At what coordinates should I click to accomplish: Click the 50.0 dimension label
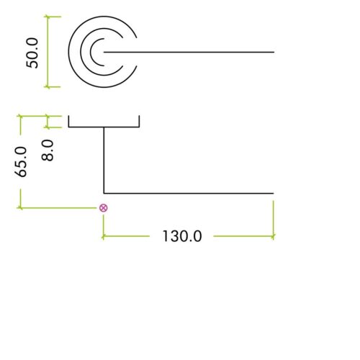coord(32,53)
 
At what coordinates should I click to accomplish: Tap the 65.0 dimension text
coord(21,162)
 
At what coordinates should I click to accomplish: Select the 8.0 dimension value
coord(48,150)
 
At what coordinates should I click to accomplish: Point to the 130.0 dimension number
coord(182,236)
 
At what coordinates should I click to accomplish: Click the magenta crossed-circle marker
coord(104,208)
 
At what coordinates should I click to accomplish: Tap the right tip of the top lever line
coord(274,52)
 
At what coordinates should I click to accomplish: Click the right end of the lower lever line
coord(274,193)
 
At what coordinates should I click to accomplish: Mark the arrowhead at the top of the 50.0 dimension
coord(48,17)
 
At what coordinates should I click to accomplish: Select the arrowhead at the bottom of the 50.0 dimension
coord(48,86)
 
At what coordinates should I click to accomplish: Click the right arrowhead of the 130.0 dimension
coord(273,236)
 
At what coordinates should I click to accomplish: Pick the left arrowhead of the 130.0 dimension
coord(104,237)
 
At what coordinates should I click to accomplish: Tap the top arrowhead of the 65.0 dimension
coord(20,116)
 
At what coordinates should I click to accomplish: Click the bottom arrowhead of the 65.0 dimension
coord(20,207)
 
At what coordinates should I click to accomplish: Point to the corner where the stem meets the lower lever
coord(104,193)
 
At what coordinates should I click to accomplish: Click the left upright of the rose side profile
coord(68,121)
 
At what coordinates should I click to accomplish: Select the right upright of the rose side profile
coord(139,121)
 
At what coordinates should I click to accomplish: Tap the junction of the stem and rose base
coord(104,127)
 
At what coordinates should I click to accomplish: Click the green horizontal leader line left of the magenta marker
coord(58,207)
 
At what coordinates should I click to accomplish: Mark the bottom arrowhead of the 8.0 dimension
coord(48,127)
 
